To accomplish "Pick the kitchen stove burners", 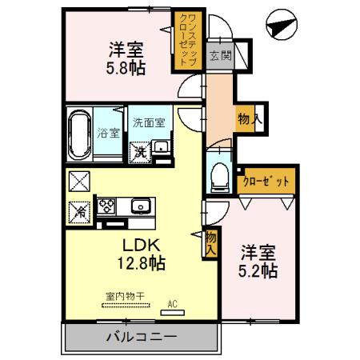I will coord(106,206).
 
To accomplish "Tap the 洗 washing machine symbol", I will coord(141,149).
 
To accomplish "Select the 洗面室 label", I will coord(149,122).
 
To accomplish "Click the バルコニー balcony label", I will coord(141,337).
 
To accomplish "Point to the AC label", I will coord(173,303).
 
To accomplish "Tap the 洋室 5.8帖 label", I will coord(126,58).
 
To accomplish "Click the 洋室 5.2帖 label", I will coord(259,261).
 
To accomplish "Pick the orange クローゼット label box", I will coord(266,182).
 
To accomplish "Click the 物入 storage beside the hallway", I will coord(246,121).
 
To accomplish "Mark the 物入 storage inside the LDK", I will coord(210,242).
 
